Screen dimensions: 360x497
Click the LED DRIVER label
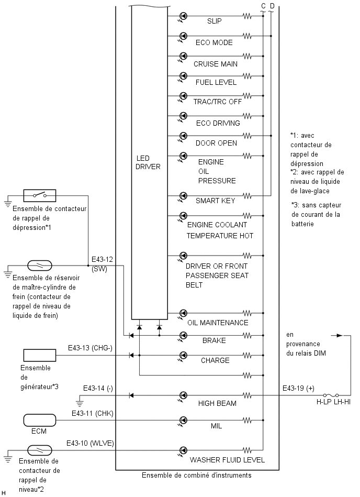148,162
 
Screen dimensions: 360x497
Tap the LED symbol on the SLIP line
183,16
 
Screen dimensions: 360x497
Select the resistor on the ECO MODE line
248,36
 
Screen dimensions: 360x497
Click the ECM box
40,421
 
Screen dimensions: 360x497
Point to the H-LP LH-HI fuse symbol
331,395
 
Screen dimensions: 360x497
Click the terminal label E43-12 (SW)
102,264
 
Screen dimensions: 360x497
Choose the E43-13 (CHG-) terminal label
90,348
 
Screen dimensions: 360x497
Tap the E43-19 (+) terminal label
298,388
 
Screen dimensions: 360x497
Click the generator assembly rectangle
40,355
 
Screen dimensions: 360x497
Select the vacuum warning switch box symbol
40,195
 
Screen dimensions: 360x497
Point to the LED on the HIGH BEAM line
183,395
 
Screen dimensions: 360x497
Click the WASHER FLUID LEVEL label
227,460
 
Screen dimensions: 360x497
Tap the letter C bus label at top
263,6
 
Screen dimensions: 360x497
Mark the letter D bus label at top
272,6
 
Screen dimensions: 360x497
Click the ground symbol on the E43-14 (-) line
80,403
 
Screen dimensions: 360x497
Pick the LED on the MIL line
183,420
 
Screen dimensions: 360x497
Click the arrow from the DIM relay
337,335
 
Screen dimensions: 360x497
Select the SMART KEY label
215,201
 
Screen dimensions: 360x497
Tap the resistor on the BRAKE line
248,335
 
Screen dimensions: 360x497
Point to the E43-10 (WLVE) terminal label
90,443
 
